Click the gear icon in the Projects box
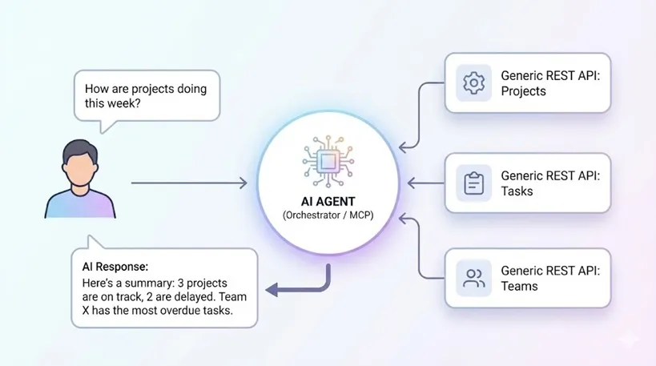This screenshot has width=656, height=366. click(473, 82)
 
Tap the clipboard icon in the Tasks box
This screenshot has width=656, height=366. click(473, 183)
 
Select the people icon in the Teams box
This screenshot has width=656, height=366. click(473, 278)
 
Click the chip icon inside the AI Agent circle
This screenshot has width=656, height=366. click(328, 159)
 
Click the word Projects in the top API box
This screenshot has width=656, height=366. click(524, 91)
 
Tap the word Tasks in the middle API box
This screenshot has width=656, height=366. click(517, 191)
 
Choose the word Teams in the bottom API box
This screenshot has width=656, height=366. click(519, 286)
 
